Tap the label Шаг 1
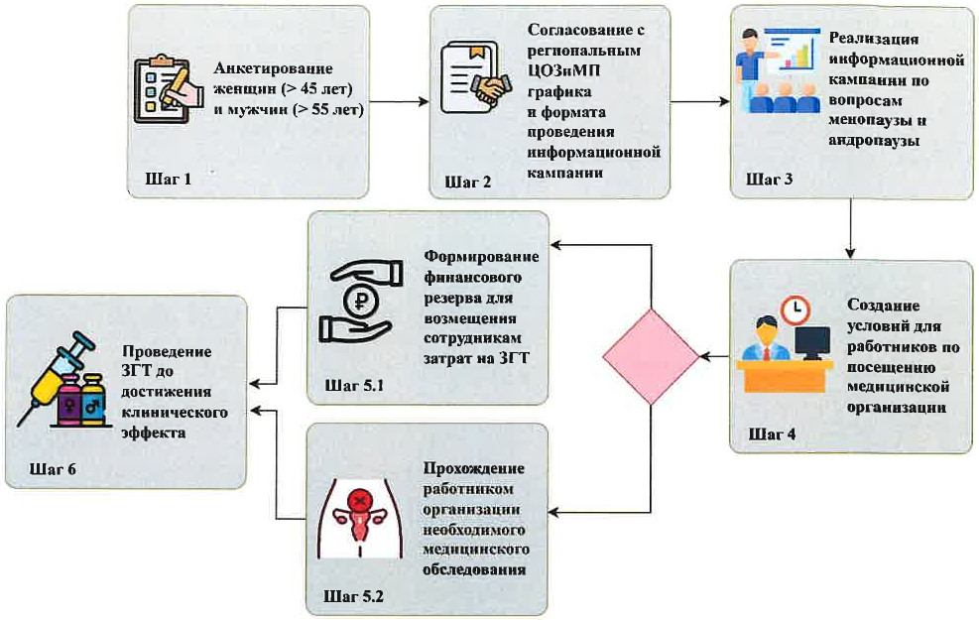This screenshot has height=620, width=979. [x=167, y=180]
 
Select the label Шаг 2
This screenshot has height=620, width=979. [x=468, y=182]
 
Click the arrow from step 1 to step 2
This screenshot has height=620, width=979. [x=401, y=101]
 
